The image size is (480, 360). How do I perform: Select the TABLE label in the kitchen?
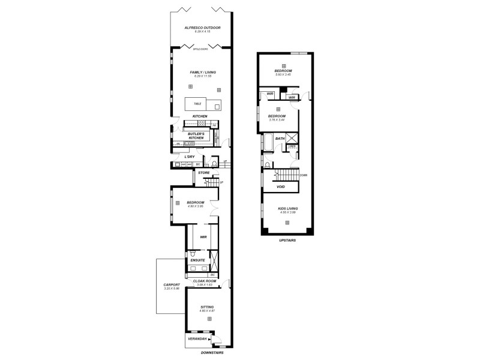tap(197, 104)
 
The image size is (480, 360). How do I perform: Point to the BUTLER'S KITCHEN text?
tap(196, 136)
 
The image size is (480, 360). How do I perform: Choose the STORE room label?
tap(204, 173)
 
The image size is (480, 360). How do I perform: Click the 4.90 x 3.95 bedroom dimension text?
tap(196, 206)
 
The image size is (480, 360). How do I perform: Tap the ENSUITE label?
tap(197, 260)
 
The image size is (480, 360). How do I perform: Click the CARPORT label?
tap(172, 285)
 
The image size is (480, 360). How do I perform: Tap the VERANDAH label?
tap(197, 338)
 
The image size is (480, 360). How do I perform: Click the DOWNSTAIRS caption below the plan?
tap(213, 353)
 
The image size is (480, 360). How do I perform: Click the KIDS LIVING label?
tap(287, 208)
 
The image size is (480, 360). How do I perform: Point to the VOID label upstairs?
tap(280, 187)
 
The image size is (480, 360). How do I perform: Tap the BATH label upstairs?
tap(280, 139)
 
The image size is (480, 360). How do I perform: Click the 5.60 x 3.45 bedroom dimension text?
tap(284, 74)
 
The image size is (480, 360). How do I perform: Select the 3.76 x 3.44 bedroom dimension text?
tap(277, 120)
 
